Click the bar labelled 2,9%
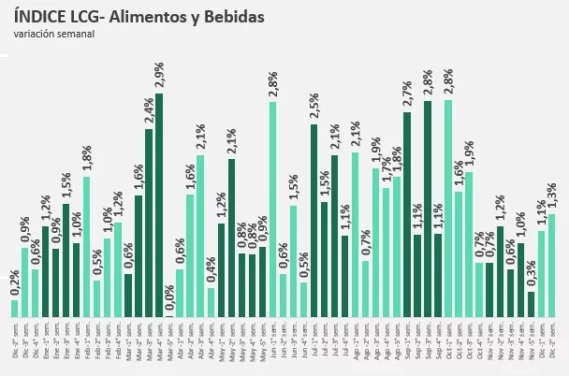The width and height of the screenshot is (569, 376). click(x=159, y=206)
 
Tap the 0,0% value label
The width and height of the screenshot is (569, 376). click(x=170, y=300)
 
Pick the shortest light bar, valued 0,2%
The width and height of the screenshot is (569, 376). click(x=14, y=309)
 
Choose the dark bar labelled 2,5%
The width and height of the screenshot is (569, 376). click(x=314, y=221)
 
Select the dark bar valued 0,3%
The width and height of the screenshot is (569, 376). click(x=531, y=305)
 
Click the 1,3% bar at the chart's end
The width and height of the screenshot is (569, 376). click(x=552, y=266)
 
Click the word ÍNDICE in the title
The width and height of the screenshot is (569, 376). click(x=38, y=17)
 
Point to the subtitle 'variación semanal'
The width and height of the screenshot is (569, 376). click(x=53, y=35)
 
